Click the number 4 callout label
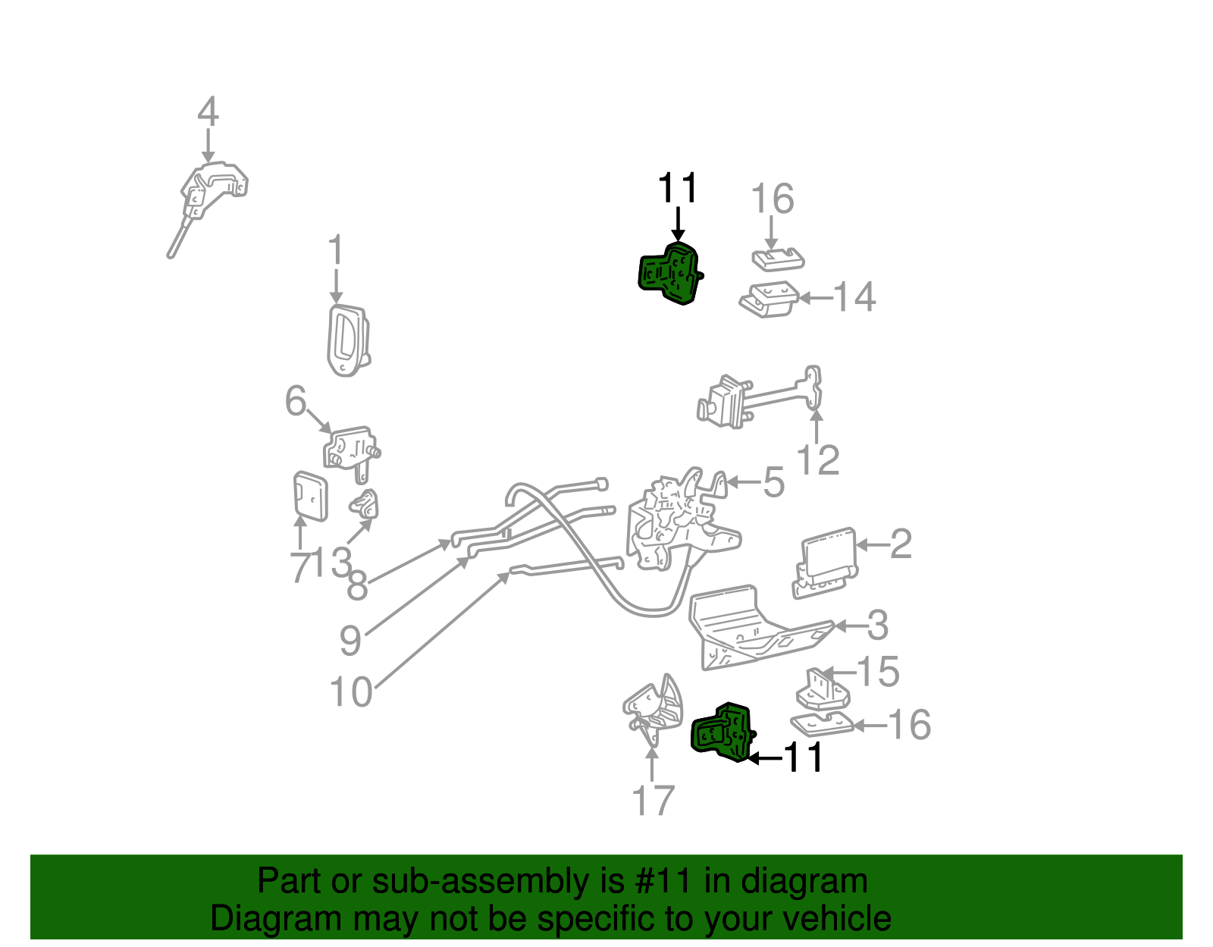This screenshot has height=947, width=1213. (x=208, y=112)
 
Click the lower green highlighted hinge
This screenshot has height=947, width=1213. (x=722, y=732)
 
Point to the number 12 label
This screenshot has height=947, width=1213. (x=818, y=460)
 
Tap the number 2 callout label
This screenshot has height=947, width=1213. (x=900, y=544)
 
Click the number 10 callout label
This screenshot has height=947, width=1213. (x=351, y=692)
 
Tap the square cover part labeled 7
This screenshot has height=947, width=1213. (x=310, y=496)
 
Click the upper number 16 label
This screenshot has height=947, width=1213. (x=772, y=199)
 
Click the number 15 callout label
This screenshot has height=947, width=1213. (x=878, y=672)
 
